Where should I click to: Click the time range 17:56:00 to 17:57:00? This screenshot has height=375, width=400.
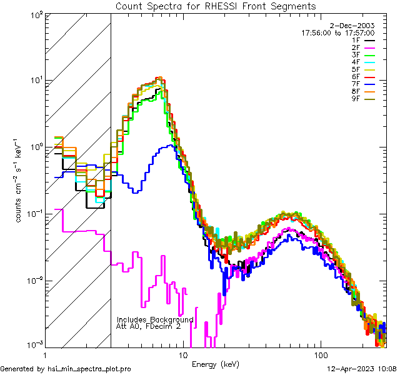347,32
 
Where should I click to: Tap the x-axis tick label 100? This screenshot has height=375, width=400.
321,355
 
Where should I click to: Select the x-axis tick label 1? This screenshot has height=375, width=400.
44,355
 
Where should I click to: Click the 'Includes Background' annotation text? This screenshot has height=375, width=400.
155,319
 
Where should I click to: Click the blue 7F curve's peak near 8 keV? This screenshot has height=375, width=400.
167,146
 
